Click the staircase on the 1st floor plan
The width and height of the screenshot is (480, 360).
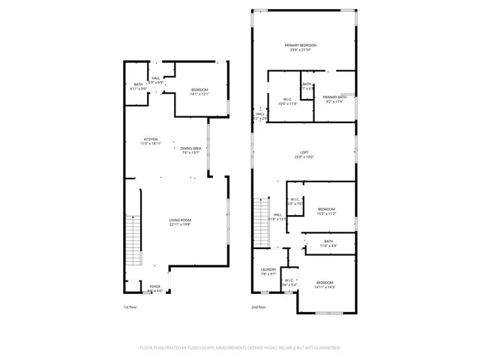[x=134, y=236]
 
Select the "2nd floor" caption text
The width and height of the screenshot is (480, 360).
[x=259, y=307]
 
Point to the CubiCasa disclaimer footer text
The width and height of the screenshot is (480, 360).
[x=240, y=348]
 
